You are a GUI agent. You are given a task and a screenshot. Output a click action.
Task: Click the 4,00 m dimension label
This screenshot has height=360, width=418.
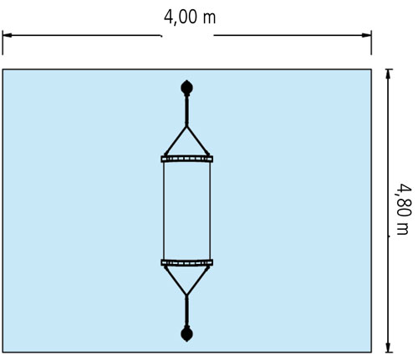pos(190,18)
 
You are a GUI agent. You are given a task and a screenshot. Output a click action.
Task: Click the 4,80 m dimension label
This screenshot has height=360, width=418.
pos(404,209)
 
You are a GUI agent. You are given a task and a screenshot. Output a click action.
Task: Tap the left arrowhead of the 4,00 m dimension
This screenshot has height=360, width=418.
pos(8,35)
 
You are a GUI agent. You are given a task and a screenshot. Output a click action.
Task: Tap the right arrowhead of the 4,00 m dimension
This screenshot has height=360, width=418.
pos(366,35)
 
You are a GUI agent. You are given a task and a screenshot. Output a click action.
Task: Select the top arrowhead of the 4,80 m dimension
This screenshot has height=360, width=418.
pos(389,74)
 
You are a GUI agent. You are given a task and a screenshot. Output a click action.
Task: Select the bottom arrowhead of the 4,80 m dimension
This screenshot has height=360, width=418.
pos(389,347)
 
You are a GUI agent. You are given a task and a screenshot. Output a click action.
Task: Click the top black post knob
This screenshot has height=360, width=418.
pos(186,88)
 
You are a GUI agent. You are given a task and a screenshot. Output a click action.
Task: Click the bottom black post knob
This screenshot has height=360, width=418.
pos(186,334)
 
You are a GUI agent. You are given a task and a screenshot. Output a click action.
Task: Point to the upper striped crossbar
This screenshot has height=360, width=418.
pos(187,159)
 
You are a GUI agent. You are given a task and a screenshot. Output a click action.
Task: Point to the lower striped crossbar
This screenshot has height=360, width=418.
pos(187,262)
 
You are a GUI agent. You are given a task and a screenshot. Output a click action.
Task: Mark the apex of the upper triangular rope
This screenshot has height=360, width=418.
pos(186,127)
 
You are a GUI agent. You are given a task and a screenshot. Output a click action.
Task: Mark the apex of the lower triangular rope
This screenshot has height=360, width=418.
pos(186,295)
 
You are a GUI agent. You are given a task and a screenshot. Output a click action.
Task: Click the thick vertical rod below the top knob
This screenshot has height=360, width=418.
pos(186,111)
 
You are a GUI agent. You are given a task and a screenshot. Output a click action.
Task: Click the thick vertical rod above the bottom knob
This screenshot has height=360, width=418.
pos(186,311)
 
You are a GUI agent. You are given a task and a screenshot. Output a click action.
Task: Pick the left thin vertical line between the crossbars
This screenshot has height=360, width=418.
pos(164,210)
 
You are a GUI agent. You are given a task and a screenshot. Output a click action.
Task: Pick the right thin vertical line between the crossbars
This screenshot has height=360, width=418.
pos(210,210)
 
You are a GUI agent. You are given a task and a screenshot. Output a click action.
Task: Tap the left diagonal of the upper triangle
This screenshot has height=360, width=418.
pos(176,141)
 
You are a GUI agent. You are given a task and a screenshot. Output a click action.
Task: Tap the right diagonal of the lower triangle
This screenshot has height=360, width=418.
pos(198,281)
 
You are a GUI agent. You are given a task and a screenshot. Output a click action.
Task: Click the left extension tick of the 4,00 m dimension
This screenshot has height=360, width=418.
pos(3,43)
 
